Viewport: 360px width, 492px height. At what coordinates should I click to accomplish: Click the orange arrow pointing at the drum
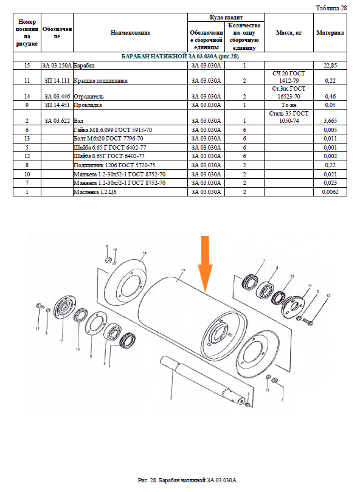(x=205, y=263)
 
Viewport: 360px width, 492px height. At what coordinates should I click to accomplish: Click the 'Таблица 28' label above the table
(x=331, y=9)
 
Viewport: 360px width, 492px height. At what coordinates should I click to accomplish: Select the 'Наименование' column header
(x=130, y=33)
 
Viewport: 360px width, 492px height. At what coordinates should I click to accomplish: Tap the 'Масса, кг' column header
(x=289, y=33)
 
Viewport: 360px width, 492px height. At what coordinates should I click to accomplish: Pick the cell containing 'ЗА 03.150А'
(x=57, y=66)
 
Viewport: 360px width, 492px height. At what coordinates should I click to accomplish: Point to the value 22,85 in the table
(x=330, y=66)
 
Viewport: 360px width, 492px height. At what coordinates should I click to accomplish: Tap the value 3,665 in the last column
(x=330, y=121)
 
